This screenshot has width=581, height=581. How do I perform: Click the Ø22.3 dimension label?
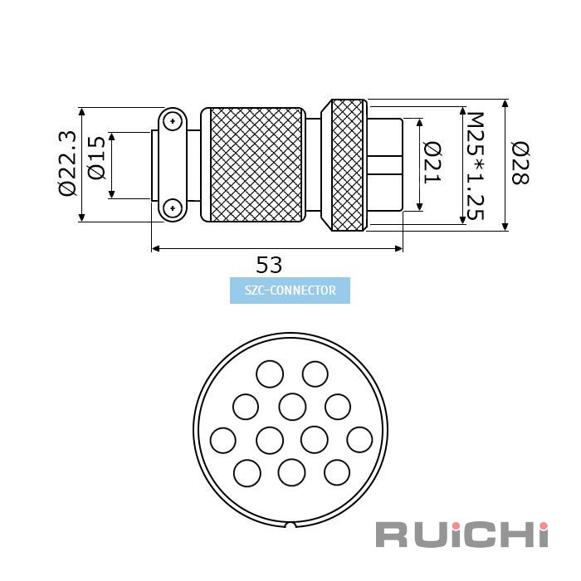(68, 164)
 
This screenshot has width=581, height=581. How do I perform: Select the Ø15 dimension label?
(97, 158)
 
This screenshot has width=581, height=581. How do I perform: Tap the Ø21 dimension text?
(432, 163)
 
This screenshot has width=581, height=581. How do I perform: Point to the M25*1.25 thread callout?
(475, 166)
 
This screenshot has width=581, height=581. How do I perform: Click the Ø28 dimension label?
(520, 163)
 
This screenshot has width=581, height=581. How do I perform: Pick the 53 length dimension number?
(269, 265)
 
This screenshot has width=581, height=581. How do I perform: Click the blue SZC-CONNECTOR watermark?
(290, 290)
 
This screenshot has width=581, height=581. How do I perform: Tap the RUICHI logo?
(461, 535)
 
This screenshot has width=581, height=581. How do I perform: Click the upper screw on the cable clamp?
(173, 121)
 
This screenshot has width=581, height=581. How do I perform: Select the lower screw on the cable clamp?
(173, 207)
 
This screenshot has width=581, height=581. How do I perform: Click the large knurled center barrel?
(256, 165)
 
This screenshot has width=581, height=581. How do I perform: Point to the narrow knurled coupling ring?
(347, 165)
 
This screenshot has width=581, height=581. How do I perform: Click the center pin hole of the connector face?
(292, 408)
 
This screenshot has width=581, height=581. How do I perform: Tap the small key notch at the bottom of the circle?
(290, 525)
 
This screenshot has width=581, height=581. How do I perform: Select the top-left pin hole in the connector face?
(270, 373)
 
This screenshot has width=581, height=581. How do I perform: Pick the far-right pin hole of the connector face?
(359, 440)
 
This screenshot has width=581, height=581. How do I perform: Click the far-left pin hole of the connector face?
(222, 440)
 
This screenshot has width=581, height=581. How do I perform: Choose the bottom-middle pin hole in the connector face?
(292, 472)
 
